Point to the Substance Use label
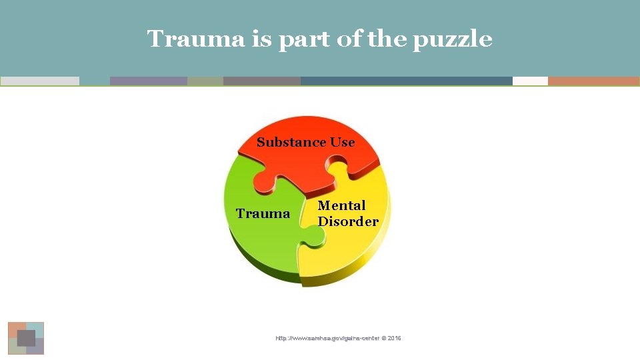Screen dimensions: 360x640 pos(305,142)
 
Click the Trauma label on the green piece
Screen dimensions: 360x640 pos(263,214)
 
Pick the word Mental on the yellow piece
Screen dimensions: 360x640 pos(341,205)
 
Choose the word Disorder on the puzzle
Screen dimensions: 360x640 pos(348,221)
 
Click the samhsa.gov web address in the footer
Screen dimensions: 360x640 pos(327,339)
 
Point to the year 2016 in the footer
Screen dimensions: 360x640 pos(394,339)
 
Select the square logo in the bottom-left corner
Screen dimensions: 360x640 pos(26,338)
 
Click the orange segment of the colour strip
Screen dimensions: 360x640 pos(593,81)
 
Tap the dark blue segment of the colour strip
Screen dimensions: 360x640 pos(406,81)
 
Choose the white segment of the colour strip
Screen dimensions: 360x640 pos(530,81)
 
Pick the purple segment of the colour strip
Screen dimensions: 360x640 pos(148,81)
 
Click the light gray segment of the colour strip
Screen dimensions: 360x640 pos(40,81)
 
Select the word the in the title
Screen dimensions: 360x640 pos(385,39)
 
